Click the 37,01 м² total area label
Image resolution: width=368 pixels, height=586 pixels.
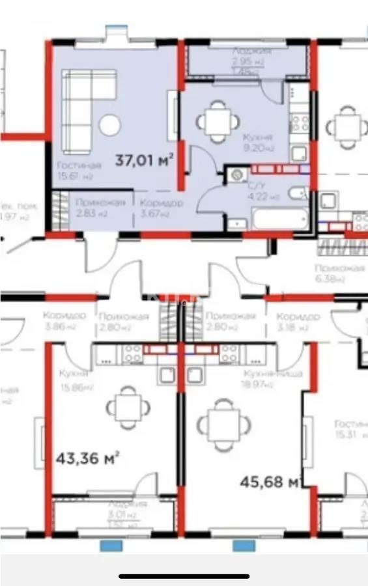tap(144, 160)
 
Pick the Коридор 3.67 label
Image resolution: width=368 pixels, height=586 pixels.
tap(162, 208)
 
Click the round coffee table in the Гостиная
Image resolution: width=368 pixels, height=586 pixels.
tap(110, 125)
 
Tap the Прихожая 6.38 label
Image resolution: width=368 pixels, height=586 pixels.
tap(339, 273)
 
